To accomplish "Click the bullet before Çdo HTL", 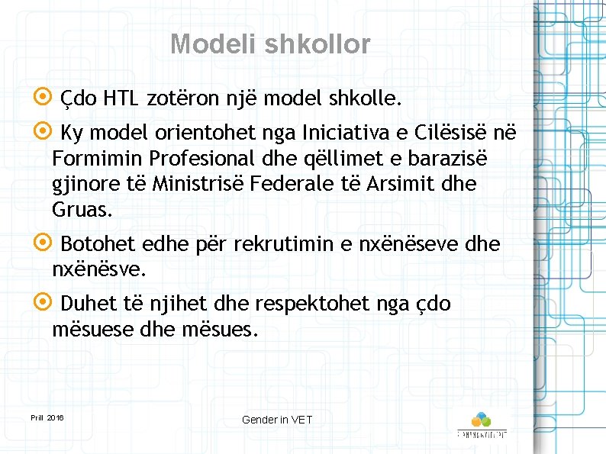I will [44, 97].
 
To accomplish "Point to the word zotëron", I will [182, 98].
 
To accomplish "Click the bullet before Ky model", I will [44, 132].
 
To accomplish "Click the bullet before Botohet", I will [44, 243].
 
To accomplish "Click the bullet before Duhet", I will [44, 303].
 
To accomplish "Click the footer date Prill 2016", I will [47, 418].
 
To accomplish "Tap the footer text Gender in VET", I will [277, 420].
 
